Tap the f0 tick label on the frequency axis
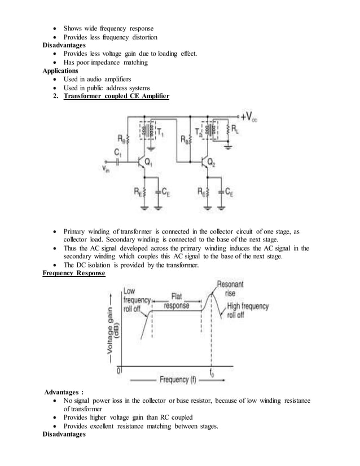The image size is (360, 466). click(212, 372)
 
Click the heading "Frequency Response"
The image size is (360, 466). click(74, 274)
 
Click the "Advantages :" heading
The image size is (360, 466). click(64, 392)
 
